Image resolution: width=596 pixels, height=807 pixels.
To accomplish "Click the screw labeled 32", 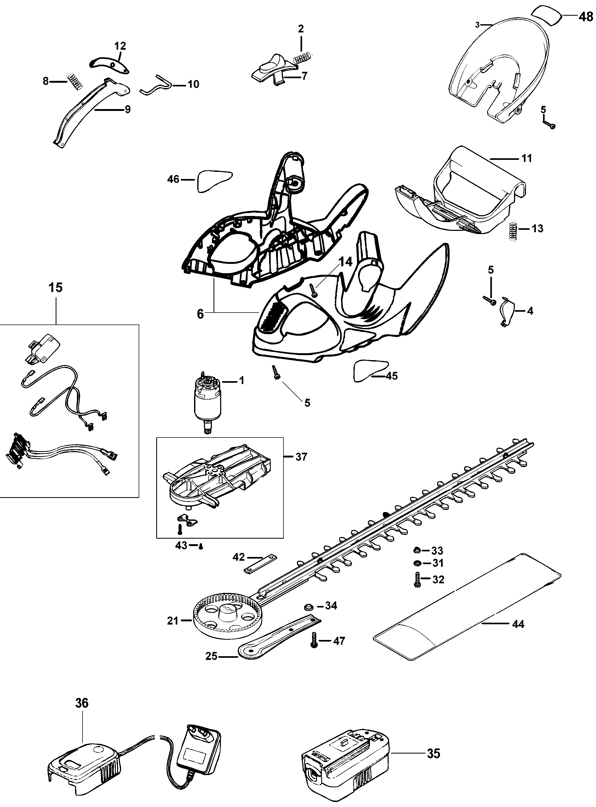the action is click(x=418, y=580).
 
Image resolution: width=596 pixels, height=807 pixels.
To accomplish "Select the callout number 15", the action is click(x=56, y=287).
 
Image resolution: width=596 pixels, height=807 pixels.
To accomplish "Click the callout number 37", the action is click(x=301, y=457).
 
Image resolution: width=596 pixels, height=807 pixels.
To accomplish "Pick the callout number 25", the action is click(x=211, y=656).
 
